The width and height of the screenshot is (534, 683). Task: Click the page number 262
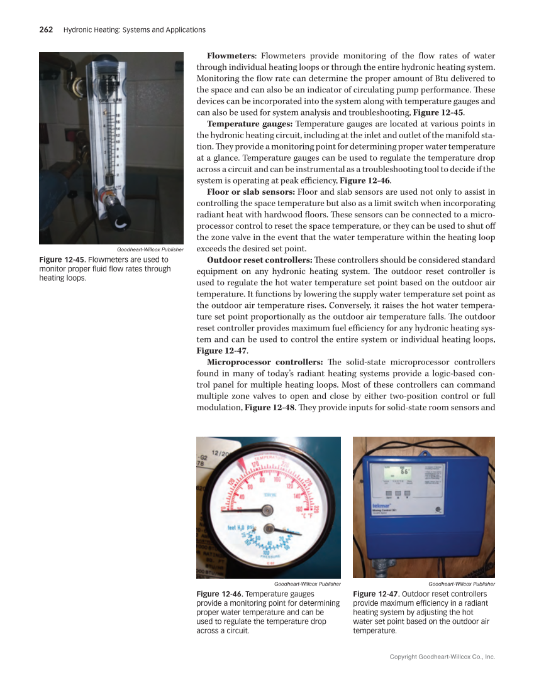(46, 30)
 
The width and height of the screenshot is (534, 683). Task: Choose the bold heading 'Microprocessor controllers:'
(265, 362)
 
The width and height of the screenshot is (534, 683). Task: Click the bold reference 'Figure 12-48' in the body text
(271, 407)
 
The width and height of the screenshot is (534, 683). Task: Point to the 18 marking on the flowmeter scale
(116, 115)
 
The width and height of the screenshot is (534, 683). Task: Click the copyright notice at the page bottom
(442, 657)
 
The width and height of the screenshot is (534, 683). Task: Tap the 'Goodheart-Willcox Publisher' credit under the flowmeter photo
(145, 249)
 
